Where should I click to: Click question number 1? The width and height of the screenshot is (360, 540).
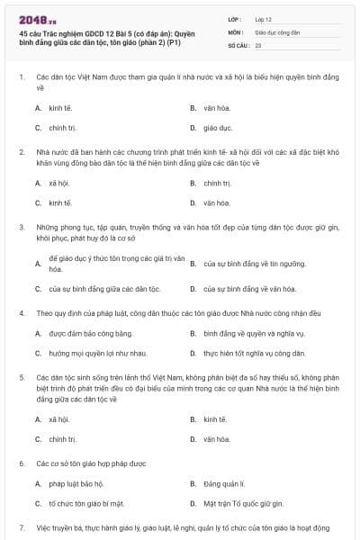[x=21, y=78]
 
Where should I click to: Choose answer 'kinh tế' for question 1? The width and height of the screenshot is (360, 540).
[x=61, y=107]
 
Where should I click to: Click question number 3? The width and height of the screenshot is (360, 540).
[x=21, y=228]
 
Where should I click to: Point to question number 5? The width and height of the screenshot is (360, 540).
[x=21, y=377]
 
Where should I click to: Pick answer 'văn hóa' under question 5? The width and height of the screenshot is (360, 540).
[x=216, y=439]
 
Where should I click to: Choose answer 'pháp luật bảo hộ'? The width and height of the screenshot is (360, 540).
[x=78, y=483]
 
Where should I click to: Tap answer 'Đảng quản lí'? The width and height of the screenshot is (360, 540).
[x=224, y=483]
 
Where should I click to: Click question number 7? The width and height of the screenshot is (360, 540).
[x=21, y=527]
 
